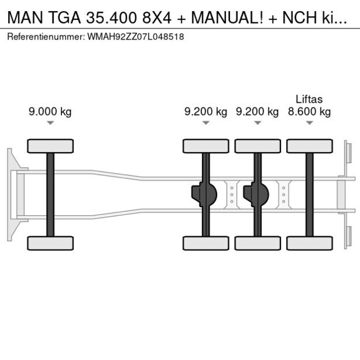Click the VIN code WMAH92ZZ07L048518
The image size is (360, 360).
136,37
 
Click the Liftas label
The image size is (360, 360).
309,99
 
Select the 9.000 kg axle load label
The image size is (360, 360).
50,112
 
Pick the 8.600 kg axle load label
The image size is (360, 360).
309,112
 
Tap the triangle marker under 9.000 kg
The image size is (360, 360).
50,123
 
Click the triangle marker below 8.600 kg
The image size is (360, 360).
309,123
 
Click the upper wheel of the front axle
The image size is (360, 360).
50,146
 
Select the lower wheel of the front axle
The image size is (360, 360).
50,243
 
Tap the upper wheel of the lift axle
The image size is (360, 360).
309,146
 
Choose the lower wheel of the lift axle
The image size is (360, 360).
309,243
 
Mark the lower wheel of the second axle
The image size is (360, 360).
206,243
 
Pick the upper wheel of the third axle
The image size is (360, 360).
257,146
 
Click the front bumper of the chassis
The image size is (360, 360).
11,195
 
